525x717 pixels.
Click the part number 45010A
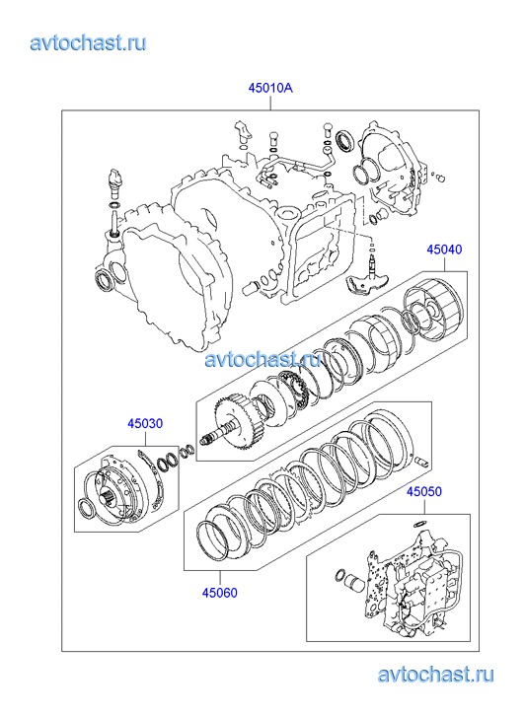270,88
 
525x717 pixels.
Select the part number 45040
444,250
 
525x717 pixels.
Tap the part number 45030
145,423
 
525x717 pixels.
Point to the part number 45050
424,491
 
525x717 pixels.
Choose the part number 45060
220,593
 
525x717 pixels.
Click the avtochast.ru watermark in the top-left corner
89,42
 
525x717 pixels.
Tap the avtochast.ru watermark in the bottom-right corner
436,675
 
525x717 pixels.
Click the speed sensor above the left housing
114,182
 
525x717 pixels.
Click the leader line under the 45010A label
270,103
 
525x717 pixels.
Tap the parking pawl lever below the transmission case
363,280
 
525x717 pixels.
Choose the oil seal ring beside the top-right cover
343,140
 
